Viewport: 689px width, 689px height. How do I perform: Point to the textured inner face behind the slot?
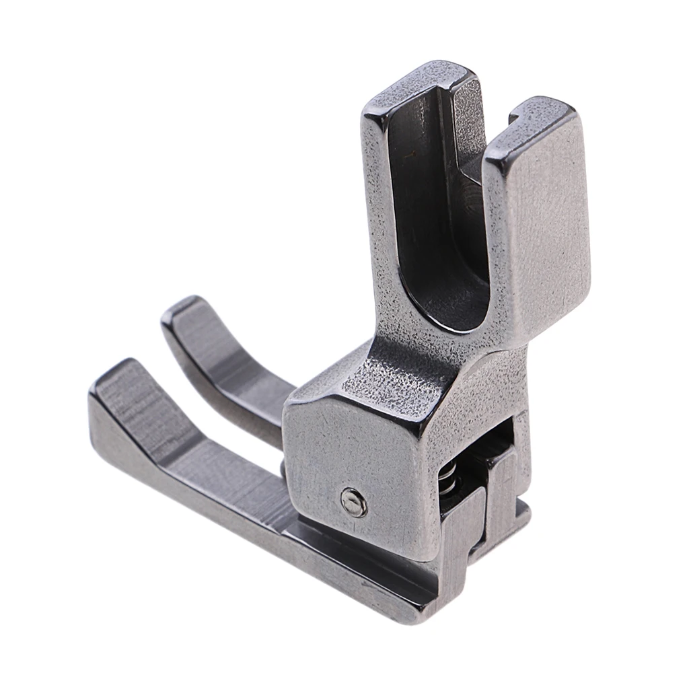coord(471,222)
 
